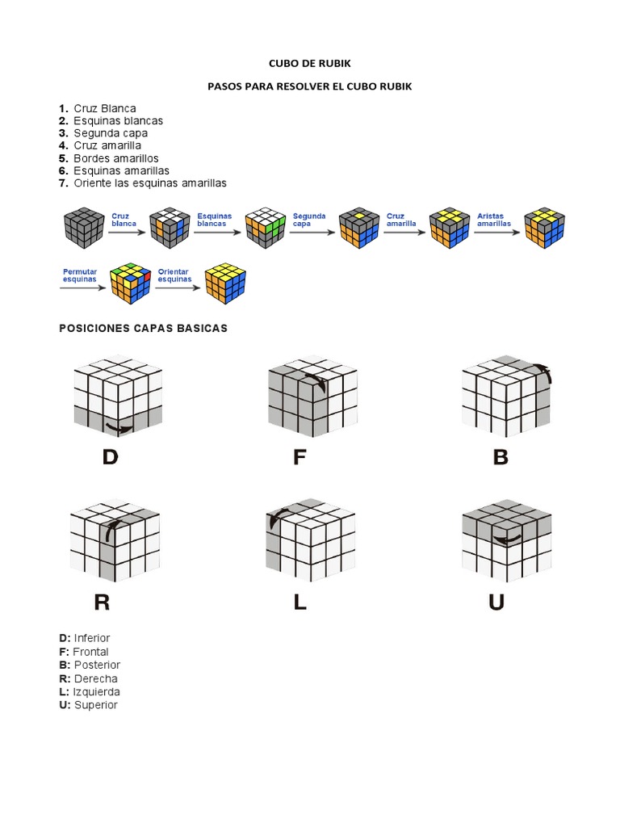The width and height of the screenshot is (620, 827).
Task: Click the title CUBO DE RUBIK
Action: pyautogui.click(x=309, y=62)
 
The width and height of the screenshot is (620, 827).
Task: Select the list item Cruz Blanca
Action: pyautogui.click(x=105, y=108)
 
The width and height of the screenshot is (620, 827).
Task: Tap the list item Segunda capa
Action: pyautogui.click(x=111, y=133)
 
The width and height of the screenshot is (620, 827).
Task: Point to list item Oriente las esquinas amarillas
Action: pyautogui.click(x=150, y=183)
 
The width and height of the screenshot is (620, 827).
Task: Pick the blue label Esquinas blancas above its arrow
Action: pyautogui.click(x=214, y=220)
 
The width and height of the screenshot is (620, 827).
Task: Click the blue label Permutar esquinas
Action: pyautogui.click(x=79, y=275)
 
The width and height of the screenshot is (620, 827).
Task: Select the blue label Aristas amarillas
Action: pyautogui.click(x=492, y=220)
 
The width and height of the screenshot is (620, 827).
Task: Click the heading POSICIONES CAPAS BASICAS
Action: pyautogui.click(x=144, y=328)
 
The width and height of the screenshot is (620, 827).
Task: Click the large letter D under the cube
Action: pyautogui.click(x=110, y=458)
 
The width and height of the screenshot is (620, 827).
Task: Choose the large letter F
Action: pyautogui.click(x=300, y=458)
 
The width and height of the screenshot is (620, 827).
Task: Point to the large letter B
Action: pyautogui.click(x=501, y=458)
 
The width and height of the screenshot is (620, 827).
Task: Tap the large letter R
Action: pyautogui.click(x=103, y=602)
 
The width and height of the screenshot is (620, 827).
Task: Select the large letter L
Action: pyautogui.click(x=300, y=602)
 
